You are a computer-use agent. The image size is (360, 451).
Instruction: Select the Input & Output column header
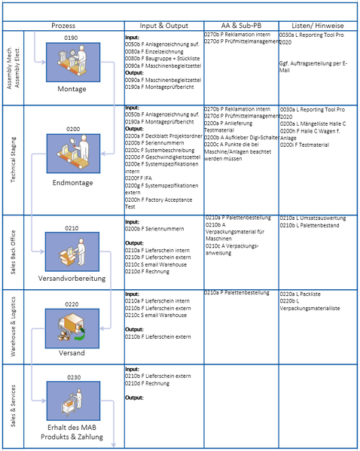163,25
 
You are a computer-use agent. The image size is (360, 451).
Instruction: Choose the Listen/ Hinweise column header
317,25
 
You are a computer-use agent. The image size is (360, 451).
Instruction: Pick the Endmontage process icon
72,154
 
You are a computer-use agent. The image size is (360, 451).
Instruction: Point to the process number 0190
72,37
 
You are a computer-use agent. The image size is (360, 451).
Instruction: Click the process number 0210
72,227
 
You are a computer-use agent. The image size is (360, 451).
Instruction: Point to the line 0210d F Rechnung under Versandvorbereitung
148,271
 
